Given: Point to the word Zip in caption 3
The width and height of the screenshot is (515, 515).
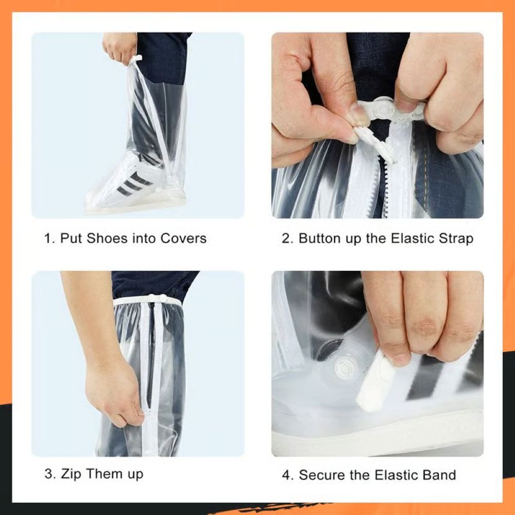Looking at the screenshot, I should point(71,474).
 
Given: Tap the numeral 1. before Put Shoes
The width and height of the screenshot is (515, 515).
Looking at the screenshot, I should point(49,238).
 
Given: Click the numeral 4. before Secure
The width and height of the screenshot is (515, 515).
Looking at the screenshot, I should point(287,474).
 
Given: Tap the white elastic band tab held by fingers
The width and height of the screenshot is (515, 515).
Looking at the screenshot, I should point(379,381).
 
